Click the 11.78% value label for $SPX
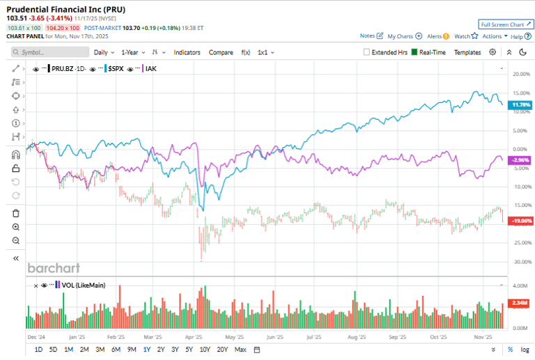click(521, 104)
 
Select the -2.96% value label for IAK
click(521, 160)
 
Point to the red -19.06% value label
click(521, 221)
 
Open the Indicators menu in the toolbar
click(187, 52)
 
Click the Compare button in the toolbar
click(221, 52)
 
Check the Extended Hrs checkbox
click(367, 52)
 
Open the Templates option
click(467, 52)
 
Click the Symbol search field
click(52, 52)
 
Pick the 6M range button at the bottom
click(116, 349)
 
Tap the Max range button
click(240, 349)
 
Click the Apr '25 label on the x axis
click(194, 336)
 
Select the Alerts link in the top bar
click(437, 36)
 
